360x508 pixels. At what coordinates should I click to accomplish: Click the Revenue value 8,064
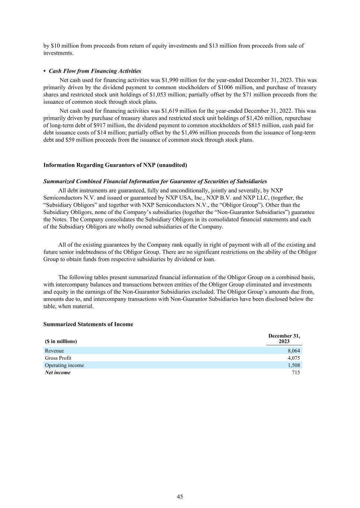coord(293,351)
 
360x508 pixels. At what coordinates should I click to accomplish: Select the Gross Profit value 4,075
coord(293,358)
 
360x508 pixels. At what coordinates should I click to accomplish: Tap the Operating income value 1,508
coord(293,365)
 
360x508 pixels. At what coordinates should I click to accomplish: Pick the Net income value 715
coord(296,373)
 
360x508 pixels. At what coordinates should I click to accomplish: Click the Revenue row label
coord(54,351)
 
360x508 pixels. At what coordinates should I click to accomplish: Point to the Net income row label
coord(58,373)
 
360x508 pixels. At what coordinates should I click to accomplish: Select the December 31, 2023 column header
coord(284,339)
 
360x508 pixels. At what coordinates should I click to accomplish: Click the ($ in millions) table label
coord(61,341)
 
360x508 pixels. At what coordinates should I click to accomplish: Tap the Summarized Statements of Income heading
coord(88,324)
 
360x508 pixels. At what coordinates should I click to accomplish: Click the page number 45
coord(180,496)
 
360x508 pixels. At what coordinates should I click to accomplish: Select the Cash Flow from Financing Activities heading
coord(95,71)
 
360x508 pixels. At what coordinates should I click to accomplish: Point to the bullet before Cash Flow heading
coord(45,71)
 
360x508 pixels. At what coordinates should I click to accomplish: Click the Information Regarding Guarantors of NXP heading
coord(115,165)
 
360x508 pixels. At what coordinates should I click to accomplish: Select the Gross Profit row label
coord(58,358)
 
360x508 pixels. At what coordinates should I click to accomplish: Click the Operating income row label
coord(64,365)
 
